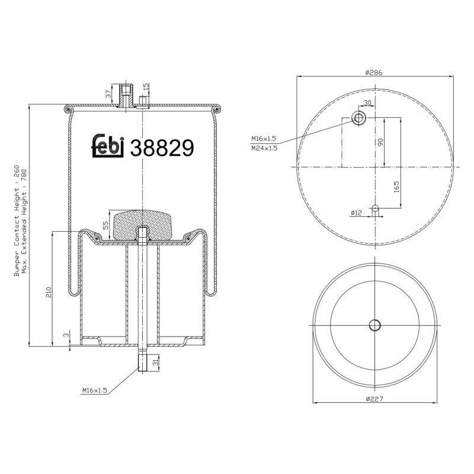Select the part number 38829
[161, 148]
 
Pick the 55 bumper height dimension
[105, 225]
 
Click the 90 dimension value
[381, 142]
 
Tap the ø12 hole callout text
[356, 212]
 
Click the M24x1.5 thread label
[264, 148]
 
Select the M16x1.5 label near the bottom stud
[94, 390]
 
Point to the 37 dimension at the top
[108, 94]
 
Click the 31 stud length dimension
[155, 362]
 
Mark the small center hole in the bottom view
[374, 325]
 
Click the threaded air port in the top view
[359, 117]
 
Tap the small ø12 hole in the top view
[374, 208]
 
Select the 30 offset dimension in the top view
[367, 103]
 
